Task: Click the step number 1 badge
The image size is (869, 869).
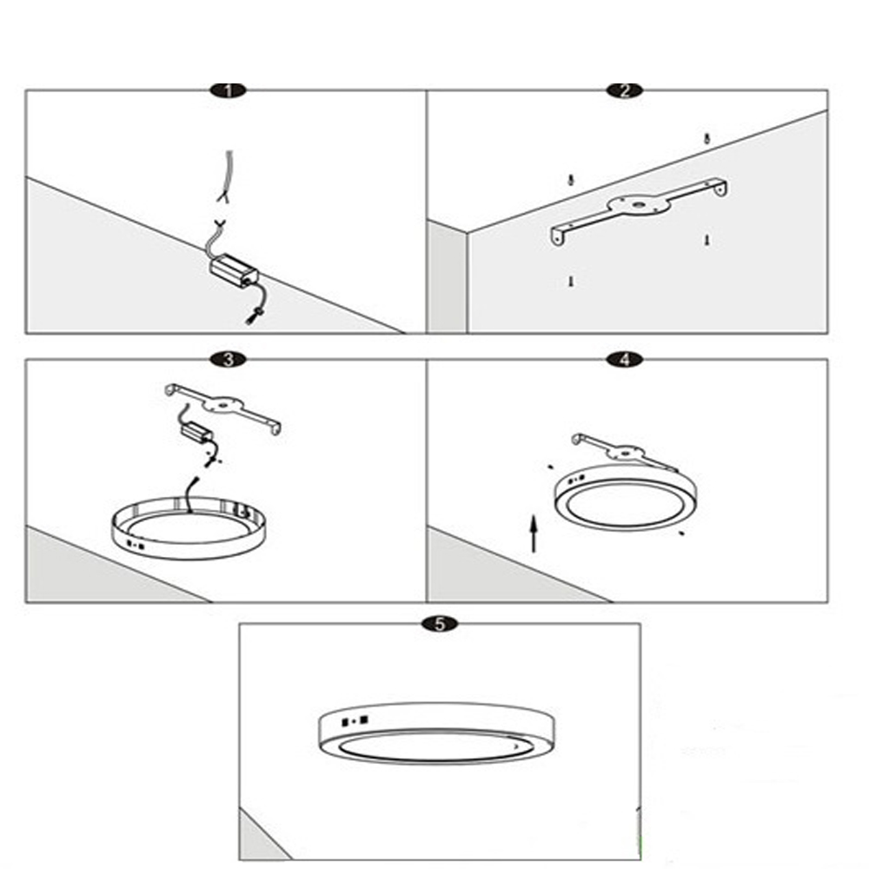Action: coord(229,90)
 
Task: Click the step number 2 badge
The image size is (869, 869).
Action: coord(625,90)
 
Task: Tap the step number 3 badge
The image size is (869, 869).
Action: coord(229,360)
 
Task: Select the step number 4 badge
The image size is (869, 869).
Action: coord(625,360)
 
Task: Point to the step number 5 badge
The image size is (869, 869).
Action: coord(440,624)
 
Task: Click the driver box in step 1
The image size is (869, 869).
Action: coord(234,270)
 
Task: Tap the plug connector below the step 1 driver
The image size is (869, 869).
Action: coord(252,317)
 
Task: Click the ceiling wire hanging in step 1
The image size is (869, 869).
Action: coord(227,176)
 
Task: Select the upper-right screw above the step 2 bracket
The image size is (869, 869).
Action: coord(706,138)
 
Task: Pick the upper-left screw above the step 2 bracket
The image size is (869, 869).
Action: coord(571,180)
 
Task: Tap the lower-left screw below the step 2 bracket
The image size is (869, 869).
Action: coord(571,282)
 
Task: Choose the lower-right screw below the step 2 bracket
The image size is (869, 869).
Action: coord(706,240)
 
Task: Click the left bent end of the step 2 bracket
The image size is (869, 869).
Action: coord(558,235)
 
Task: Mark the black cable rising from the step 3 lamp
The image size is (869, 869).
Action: coord(192,494)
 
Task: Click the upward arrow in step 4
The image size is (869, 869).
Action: coord(534,534)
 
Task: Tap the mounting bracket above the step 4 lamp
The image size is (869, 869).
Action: coord(623,450)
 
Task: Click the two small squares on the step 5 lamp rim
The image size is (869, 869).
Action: coord(355,721)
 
